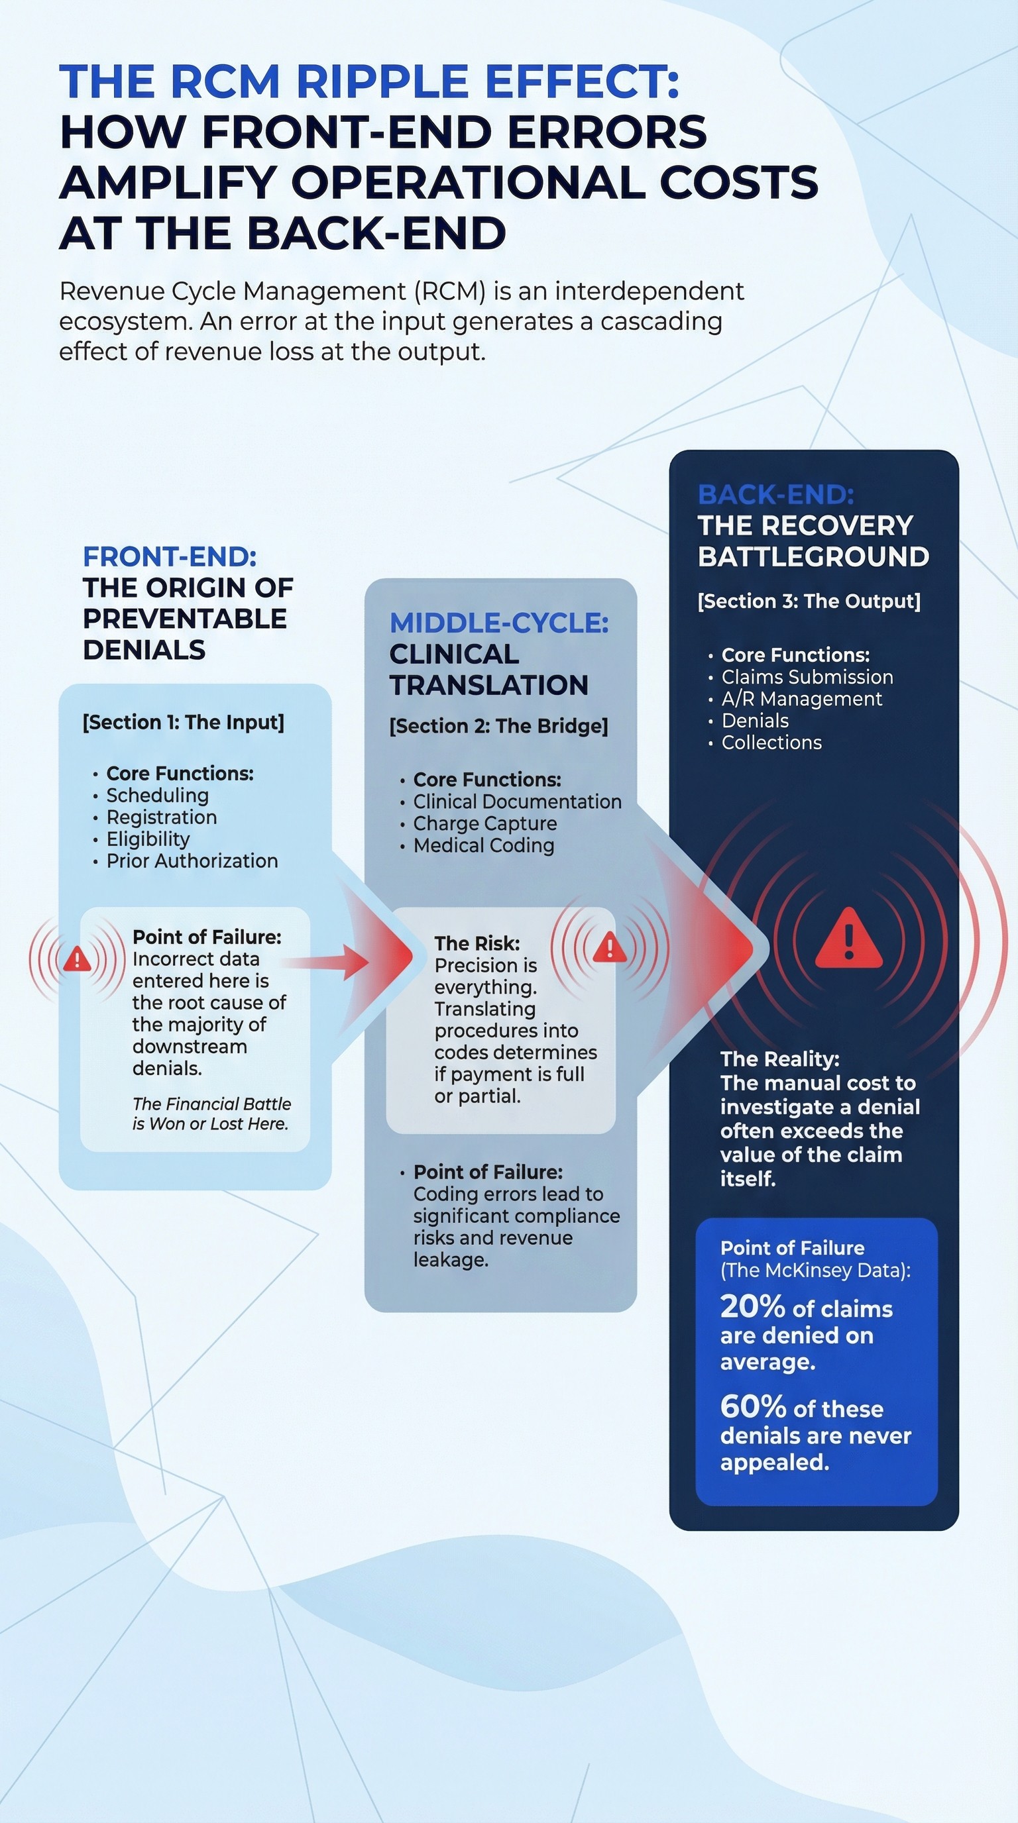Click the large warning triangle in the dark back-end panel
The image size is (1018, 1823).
(849, 940)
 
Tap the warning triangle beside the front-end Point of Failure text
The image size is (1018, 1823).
(77, 961)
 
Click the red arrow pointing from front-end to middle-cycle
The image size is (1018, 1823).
(333, 961)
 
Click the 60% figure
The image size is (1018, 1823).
(752, 1407)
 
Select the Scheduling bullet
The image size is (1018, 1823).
(157, 796)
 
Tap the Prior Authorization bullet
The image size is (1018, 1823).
(192, 860)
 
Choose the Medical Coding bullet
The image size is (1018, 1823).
(484, 845)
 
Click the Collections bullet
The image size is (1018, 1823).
(771, 743)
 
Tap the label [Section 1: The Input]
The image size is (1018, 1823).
(184, 722)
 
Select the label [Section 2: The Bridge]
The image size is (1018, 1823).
(498, 725)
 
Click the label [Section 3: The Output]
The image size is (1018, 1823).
(809, 601)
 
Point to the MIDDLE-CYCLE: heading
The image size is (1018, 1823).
(499, 623)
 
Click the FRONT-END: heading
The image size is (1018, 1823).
(170, 556)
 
